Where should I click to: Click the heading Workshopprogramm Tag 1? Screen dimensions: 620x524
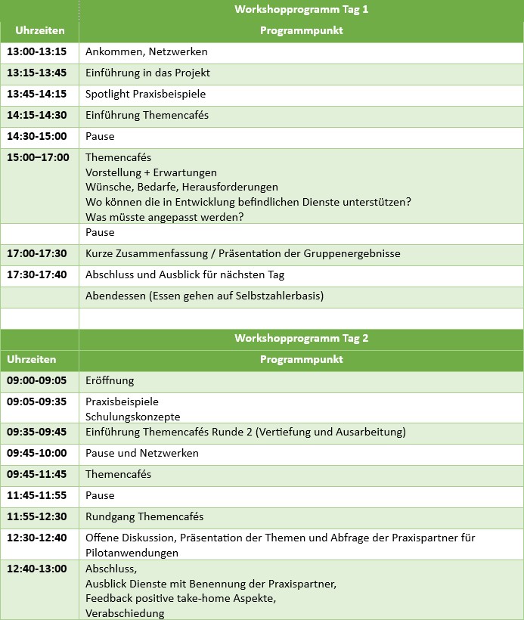[301, 10]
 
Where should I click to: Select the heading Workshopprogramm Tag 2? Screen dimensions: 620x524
[301, 338]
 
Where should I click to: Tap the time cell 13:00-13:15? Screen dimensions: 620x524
[37, 52]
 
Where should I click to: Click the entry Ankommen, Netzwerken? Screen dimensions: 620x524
[146, 52]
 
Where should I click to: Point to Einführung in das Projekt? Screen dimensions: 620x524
[147, 73]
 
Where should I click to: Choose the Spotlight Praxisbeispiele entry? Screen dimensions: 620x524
[145, 95]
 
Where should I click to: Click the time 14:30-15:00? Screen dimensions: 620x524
[37, 137]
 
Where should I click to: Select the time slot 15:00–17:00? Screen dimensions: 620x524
[38, 158]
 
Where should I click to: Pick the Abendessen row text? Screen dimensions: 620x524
[204, 296]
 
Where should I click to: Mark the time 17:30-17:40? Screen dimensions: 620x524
[37, 274]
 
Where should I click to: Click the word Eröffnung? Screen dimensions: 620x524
[110, 380]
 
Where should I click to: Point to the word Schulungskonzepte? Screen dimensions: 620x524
[133, 417]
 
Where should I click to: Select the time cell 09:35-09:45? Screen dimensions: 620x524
[37, 432]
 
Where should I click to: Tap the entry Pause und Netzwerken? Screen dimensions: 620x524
[142, 453]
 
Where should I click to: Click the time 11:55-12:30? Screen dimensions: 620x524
[37, 516]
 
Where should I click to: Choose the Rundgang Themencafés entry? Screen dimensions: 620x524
[144, 516]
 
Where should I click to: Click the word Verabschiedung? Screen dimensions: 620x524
[125, 613]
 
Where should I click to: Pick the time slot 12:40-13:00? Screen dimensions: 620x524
[37, 569]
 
